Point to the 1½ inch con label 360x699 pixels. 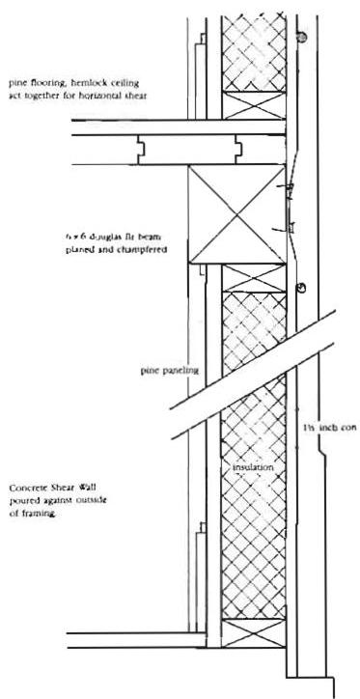[321, 425]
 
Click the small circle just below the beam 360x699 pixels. [300, 287]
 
